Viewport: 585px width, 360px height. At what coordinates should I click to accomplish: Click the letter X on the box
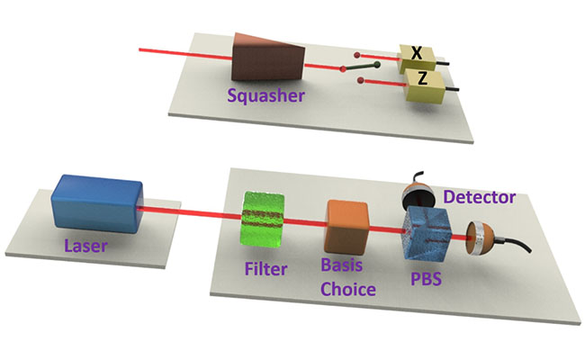point(416,52)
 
